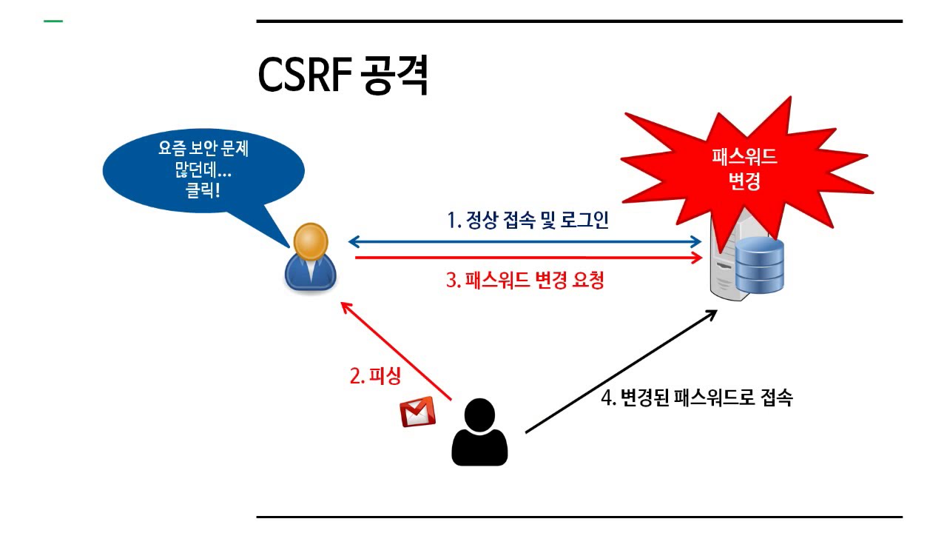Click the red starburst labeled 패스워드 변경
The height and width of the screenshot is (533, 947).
point(744,167)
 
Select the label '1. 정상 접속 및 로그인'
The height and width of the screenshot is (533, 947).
point(528,220)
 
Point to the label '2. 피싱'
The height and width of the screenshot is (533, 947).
point(375,375)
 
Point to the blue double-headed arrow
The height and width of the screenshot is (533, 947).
point(525,241)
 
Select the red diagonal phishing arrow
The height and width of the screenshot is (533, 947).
point(395,349)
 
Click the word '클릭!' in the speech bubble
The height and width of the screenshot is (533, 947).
point(203,189)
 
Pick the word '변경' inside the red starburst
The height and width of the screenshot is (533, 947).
point(744,181)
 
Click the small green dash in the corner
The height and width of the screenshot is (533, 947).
point(53,21)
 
